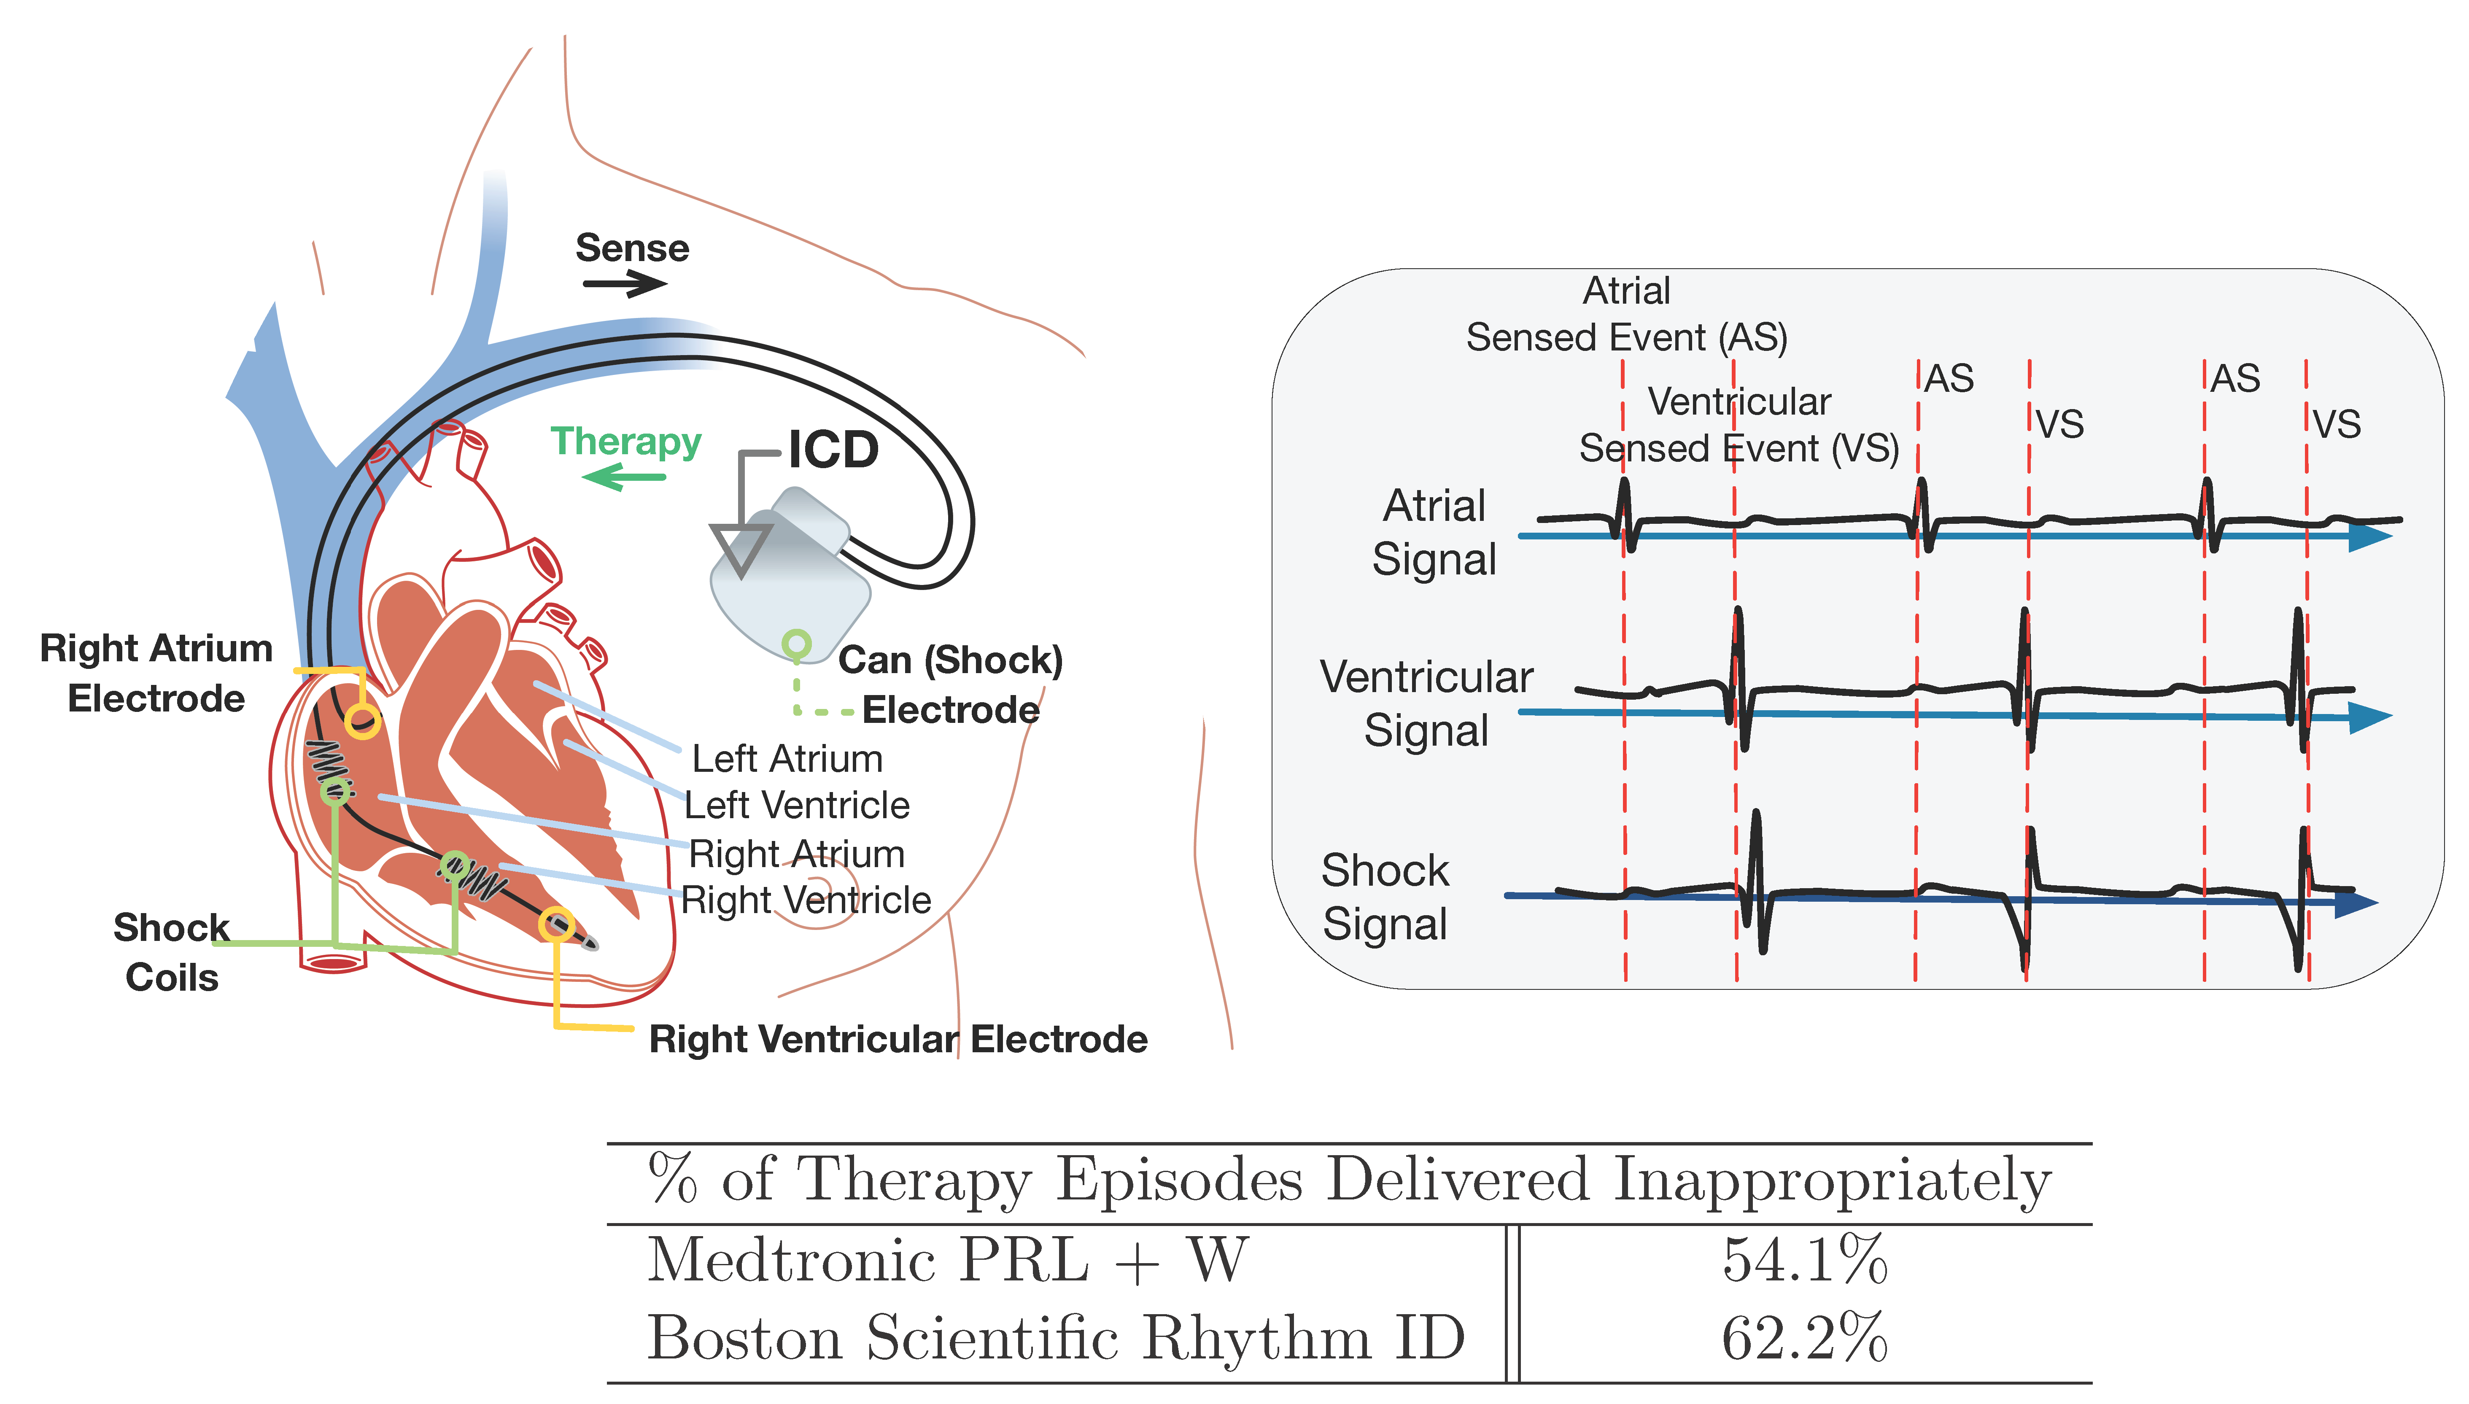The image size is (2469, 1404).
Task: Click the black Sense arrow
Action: click(x=625, y=283)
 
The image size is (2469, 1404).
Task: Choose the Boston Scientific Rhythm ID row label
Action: click(x=1056, y=1339)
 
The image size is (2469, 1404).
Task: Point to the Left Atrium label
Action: click(x=787, y=759)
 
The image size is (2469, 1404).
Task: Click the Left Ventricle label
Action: click(x=796, y=805)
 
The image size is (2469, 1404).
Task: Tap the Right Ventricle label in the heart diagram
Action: click(x=806, y=900)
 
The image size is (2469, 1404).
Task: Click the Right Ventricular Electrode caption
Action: click(x=898, y=1040)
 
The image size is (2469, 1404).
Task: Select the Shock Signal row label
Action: click(x=1385, y=897)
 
